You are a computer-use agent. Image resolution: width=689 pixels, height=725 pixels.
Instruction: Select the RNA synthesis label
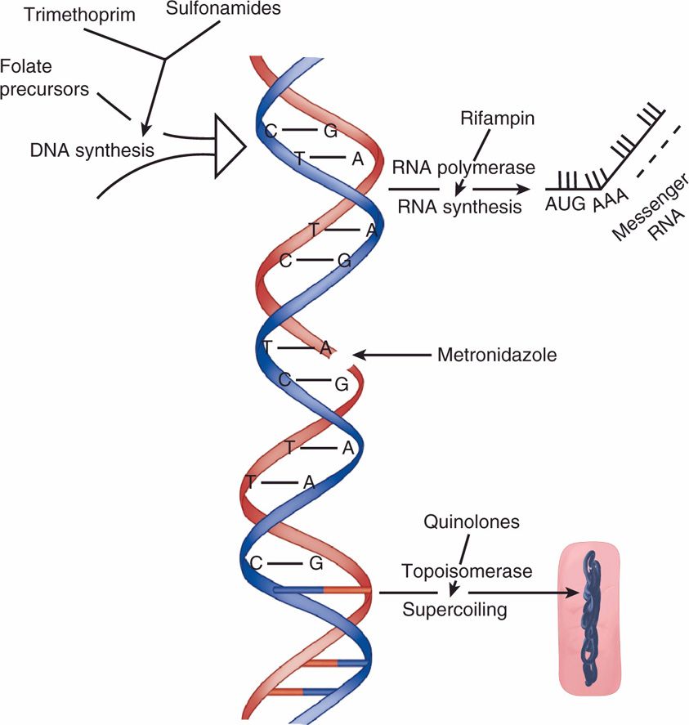(x=459, y=207)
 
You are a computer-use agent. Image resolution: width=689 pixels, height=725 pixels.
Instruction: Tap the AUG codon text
(x=566, y=204)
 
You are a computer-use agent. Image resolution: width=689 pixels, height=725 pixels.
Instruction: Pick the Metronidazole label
(x=497, y=356)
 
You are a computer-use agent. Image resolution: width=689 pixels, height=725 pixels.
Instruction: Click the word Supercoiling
(x=454, y=610)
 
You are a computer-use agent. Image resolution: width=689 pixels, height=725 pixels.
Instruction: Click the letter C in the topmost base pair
(x=271, y=130)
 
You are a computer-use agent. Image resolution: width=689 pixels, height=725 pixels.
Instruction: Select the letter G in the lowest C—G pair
(x=316, y=563)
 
